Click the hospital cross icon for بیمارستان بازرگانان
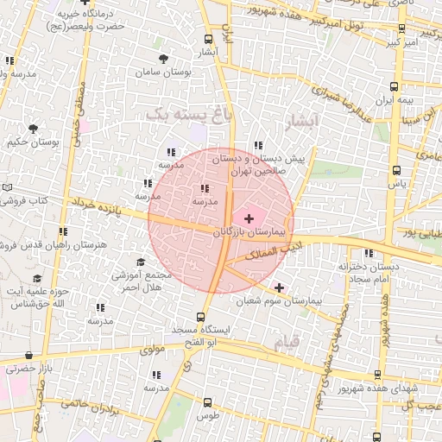[250, 219]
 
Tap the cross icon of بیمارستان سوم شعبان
[279, 287]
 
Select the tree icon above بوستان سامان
[163, 59]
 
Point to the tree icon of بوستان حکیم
[33, 129]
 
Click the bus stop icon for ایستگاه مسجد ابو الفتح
[201, 317]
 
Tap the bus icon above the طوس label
[207, 402]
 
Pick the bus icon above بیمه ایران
[395, 86]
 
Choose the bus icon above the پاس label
[396, 170]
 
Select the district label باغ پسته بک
[178, 113]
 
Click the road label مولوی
[152, 350]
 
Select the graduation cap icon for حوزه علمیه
[36, 278]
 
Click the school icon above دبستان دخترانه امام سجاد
[369, 254]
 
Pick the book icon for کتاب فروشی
[8, 187]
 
